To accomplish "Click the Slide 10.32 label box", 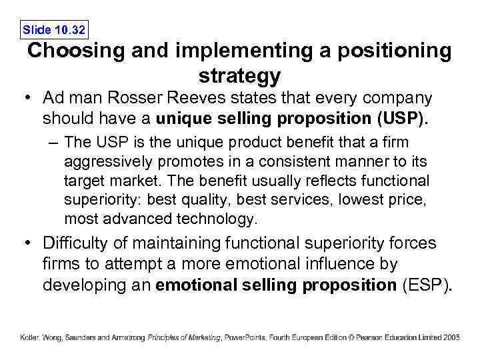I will tap(54, 29).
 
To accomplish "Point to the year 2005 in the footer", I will tap(451, 337).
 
